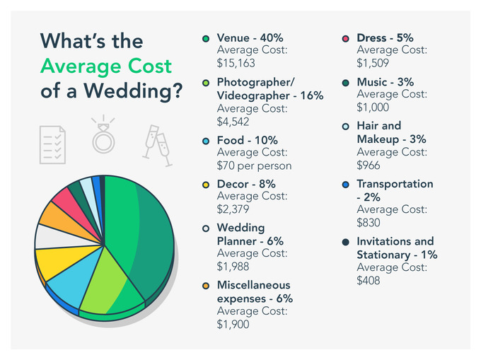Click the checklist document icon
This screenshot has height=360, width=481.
52,145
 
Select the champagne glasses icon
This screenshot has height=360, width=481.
157,146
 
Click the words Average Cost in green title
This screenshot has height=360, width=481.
106,66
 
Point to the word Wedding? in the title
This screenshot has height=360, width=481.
133,91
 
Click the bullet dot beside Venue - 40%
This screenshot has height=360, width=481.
206,39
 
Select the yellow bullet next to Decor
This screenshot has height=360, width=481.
206,185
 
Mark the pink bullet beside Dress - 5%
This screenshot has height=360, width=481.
345,39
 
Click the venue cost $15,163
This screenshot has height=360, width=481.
236,63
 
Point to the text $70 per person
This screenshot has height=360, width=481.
255,166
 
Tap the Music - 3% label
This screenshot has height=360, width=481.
386,82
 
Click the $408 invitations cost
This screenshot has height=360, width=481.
369,280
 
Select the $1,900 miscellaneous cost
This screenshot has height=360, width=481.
233,324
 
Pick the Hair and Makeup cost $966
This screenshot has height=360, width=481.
369,166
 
